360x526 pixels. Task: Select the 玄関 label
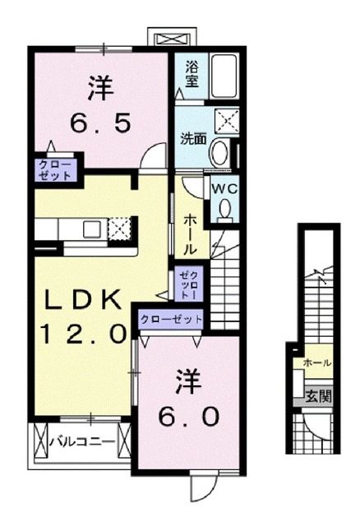(x=320, y=395)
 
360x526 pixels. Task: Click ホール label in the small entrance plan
(x=317, y=362)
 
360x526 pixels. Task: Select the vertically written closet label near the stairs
(x=189, y=283)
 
